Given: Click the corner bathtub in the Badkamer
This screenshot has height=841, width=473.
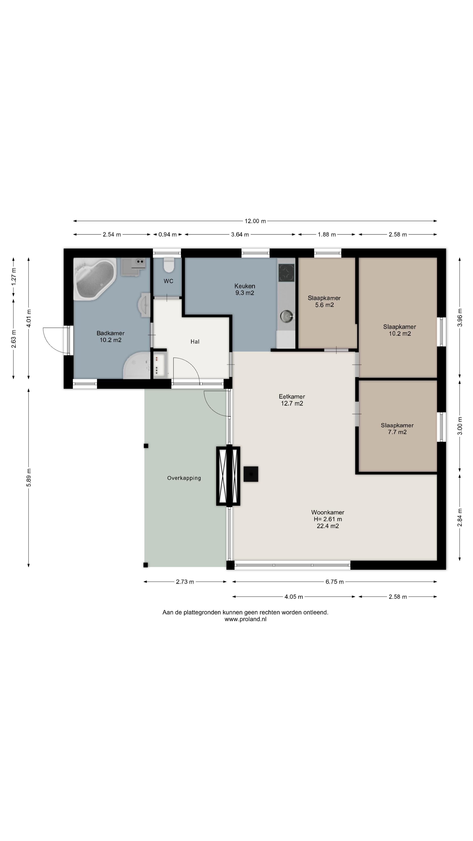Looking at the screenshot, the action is click(95, 279).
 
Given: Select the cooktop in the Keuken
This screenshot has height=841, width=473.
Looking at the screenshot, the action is click(286, 273).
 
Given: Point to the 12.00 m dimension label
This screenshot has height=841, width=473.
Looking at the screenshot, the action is click(255, 221).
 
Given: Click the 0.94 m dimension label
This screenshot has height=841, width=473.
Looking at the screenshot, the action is click(168, 234).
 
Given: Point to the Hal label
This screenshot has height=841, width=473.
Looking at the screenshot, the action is click(195, 341).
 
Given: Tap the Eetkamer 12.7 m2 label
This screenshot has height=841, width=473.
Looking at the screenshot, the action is click(292, 400).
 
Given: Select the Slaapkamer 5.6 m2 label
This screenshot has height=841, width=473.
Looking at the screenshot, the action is click(324, 301).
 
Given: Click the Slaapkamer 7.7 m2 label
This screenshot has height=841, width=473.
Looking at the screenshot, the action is click(397, 429).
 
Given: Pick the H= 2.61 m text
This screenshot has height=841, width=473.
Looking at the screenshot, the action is click(328, 519).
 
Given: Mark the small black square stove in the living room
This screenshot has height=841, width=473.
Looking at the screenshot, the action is click(251, 474).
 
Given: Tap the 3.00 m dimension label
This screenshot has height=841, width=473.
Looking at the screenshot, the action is click(460, 426).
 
